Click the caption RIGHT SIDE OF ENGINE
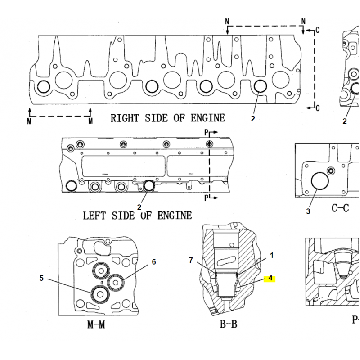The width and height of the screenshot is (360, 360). [167, 118]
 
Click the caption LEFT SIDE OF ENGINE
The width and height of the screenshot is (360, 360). [137, 216]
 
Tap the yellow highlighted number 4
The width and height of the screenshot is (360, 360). [270, 279]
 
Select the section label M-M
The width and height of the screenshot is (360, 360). [96, 324]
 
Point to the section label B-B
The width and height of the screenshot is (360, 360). [228, 324]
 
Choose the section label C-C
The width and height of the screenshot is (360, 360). [340, 208]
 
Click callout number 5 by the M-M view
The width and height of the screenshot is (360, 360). [41, 278]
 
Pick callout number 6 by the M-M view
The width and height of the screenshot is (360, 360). [153, 262]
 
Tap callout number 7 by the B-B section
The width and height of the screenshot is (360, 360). [191, 260]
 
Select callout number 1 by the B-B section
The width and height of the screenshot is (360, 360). [272, 255]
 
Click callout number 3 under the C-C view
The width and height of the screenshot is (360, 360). [308, 211]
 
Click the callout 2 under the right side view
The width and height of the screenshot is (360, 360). [253, 119]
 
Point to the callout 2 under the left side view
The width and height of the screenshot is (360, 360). [139, 207]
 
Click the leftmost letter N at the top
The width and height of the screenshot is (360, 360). [228, 21]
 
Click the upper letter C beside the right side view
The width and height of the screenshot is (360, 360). [317, 31]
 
